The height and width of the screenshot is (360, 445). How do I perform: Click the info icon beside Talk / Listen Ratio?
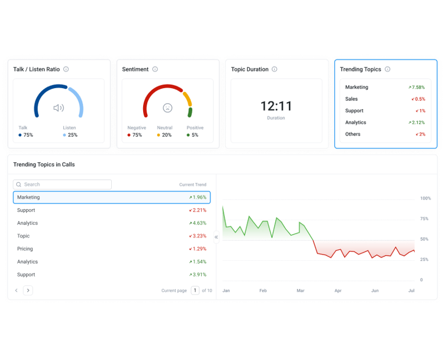[66, 69]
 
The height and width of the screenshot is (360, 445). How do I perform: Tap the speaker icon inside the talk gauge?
[59, 108]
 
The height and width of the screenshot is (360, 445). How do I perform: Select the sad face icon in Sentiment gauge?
[167, 108]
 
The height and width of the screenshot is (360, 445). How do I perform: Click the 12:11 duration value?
[276, 106]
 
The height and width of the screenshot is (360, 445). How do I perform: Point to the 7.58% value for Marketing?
[417, 87]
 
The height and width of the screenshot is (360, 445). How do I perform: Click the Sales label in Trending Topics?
[351, 99]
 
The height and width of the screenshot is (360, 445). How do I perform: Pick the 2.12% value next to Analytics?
[417, 122]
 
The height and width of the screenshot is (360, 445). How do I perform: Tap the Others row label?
[353, 134]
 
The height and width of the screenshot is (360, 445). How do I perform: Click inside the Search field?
[62, 184]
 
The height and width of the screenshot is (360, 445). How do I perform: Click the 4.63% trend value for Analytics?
[198, 223]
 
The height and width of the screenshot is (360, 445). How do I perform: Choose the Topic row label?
[23, 236]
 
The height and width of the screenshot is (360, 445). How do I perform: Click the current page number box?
[195, 290]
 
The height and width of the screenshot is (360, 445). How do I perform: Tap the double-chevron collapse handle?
[216, 237]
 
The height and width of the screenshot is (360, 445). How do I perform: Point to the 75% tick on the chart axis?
[424, 219]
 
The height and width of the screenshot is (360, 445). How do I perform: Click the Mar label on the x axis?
[301, 291]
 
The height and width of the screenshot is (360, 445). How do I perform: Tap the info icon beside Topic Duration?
[275, 69]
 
